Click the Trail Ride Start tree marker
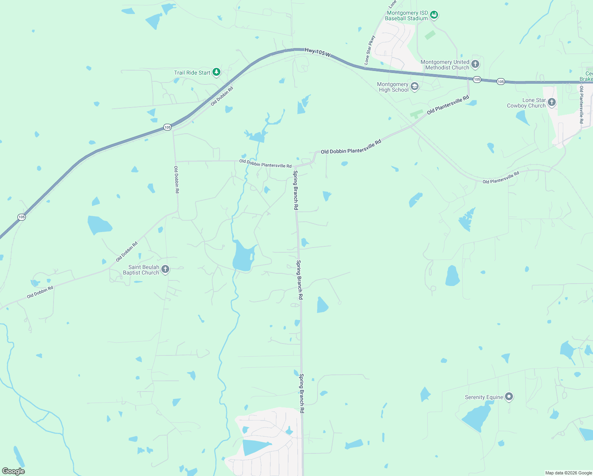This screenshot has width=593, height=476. (216, 72)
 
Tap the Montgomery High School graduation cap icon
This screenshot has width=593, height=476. (415, 86)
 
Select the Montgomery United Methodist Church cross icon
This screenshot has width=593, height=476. (475, 64)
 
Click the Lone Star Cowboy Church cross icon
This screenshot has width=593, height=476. (551, 102)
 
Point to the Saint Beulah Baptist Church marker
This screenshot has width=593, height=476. (165, 269)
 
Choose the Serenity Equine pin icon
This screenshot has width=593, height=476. (509, 396)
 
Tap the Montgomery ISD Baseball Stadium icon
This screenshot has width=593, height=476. (434, 15)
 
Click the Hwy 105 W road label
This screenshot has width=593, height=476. (317, 52)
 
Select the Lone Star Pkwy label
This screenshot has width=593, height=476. (369, 50)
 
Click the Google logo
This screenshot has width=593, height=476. (13, 471)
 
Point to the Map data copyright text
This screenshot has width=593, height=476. (568, 473)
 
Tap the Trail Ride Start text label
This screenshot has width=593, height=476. (192, 73)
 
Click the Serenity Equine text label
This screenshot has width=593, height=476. (484, 397)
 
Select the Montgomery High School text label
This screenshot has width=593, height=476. (393, 87)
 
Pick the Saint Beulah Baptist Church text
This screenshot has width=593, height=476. (141, 270)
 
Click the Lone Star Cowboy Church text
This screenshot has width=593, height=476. (526, 103)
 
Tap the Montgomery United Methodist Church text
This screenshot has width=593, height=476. (445, 65)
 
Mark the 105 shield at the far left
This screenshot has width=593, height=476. (21, 217)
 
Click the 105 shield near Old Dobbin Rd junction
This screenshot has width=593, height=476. (167, 127)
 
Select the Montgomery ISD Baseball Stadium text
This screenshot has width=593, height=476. (407, 15)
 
